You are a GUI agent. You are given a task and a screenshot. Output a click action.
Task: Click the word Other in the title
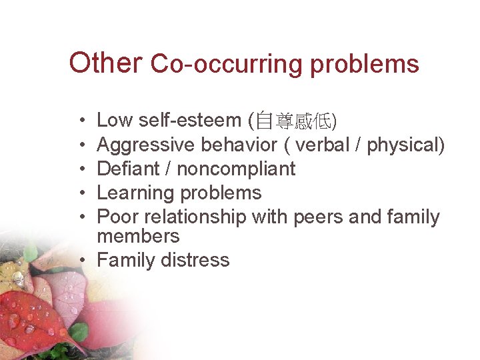105,63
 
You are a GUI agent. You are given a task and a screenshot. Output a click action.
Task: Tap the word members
138,236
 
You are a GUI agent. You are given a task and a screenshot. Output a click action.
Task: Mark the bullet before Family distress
87,261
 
